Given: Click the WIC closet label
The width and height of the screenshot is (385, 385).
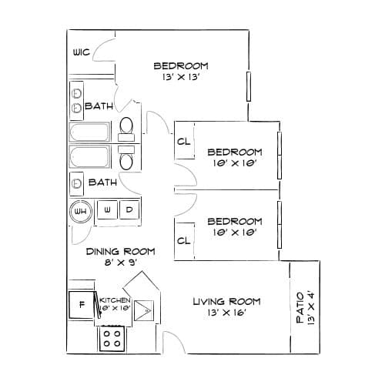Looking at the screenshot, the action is [x=82, y=52].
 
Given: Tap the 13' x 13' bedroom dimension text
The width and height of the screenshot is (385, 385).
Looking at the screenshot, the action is [x=181, y=77].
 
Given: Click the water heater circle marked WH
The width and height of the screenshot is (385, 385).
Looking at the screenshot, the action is [x=81, y=211].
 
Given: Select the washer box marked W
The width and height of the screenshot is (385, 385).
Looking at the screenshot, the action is [x=107, y=209].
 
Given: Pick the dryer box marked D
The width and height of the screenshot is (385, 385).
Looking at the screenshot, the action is [x=129, y=209].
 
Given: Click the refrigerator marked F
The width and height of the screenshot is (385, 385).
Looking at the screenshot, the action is [x=82, y=305].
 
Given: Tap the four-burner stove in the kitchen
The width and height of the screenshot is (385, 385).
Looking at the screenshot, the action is [x=112, y=339].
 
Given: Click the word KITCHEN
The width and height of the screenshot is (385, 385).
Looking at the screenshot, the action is [x=115, y=300].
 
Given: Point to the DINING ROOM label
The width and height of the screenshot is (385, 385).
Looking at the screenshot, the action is [x=121, y=251].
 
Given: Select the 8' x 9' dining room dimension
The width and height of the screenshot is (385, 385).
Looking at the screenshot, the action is [x=121, y=263].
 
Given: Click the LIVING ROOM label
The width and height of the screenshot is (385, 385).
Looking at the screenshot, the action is [x=226, y=301].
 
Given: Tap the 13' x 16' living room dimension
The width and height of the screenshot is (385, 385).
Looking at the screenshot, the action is [x=227, y=313].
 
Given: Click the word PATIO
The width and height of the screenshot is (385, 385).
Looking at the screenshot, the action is [x=300, y=307].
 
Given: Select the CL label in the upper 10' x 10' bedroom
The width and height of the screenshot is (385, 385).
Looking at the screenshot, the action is [x=184, y=141].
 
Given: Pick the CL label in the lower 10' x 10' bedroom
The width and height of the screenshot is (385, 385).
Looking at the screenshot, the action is [x=184, y=240].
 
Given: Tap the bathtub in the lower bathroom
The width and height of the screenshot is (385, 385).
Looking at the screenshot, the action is [x=89, y=156].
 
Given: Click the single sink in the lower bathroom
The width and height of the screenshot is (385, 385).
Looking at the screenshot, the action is [x=76, y=183].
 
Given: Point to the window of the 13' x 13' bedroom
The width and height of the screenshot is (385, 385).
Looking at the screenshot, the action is [x=249, y=86].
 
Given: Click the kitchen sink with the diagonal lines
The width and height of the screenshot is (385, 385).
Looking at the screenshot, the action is [x=144, y=310].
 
